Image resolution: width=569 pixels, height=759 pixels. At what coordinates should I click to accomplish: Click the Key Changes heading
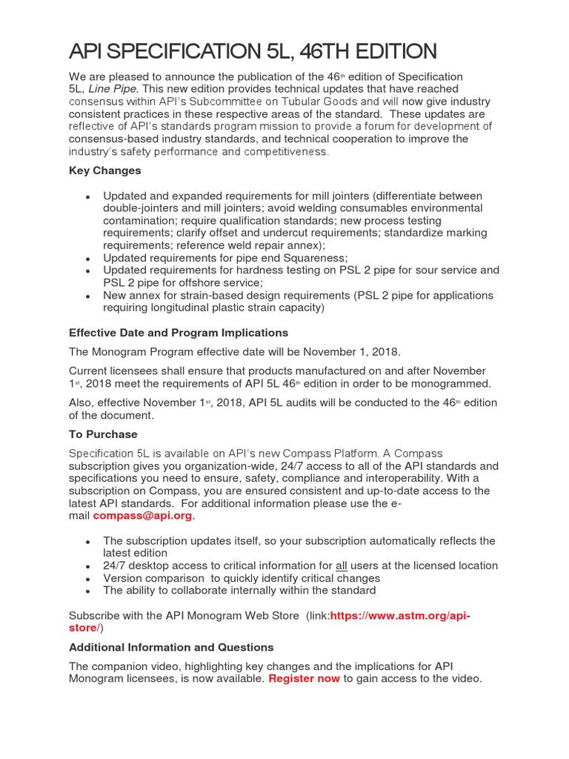pos(104,170)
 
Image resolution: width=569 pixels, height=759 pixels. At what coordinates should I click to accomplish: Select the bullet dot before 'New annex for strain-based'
pos(88,296)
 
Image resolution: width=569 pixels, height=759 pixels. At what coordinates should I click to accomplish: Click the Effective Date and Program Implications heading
pos(179,332)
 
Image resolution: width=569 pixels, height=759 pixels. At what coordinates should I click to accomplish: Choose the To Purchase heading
pos(103,434)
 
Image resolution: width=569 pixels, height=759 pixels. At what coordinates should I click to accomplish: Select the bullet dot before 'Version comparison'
pos(88,578)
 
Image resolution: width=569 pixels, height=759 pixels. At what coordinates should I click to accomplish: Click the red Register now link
pos(305,678)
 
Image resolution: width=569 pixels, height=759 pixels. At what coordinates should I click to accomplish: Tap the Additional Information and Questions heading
pos(171,647)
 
